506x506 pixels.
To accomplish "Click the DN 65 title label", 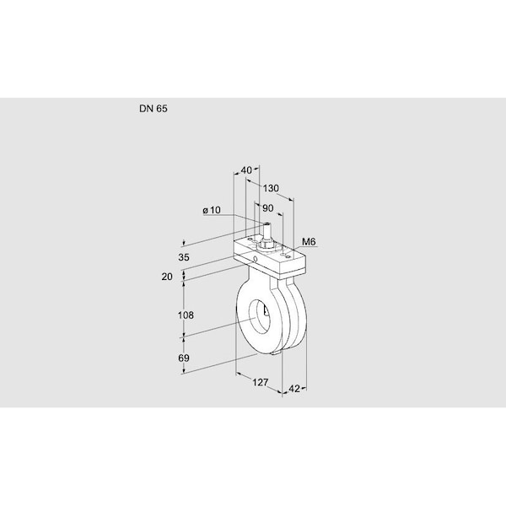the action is [x=153, y=109].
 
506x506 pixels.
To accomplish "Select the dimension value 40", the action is [x=246, y=170].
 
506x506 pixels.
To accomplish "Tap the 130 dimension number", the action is [x=271, y=188].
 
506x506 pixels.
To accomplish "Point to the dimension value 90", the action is [x=268, y=208].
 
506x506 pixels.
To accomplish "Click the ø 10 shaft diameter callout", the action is [x=212, y=210].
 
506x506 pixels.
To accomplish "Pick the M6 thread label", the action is [x=309, y=242].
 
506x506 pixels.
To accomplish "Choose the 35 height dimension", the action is [x=184, y=257].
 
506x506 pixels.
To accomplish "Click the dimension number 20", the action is [x=167, y=277].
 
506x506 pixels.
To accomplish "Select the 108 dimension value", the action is [x=186, y=315].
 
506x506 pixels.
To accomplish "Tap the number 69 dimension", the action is [x=184, y=358].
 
